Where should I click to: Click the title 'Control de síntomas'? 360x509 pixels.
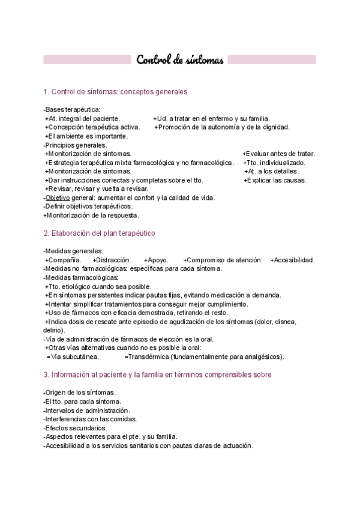pyautogui.click(x=180, y=60)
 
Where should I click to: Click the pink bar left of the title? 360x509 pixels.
pyautogui.click(x=87, y=60)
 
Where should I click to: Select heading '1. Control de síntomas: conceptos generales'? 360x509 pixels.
pyautogui.click(x=116, y=92)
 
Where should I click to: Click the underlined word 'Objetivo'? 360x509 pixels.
pyautogui.click(x=58, y=197)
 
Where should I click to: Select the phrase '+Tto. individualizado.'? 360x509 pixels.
pyautogui.click(x=274, y=163)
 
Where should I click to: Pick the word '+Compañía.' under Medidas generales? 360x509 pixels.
pyautogui.click(x=63, y=260)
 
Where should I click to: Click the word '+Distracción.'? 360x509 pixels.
pyautogui.click(x=112, y=260)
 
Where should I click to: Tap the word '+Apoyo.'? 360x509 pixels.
pyautogui.click(x=157, y=260)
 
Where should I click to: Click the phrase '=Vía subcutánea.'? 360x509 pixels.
pyautogui.click(x=68, y=357)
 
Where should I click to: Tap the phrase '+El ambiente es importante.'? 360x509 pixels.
pyautogui.click(x=86, y=136)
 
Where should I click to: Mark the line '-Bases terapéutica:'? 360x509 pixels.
pyautogui.click(x=71, y=109)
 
